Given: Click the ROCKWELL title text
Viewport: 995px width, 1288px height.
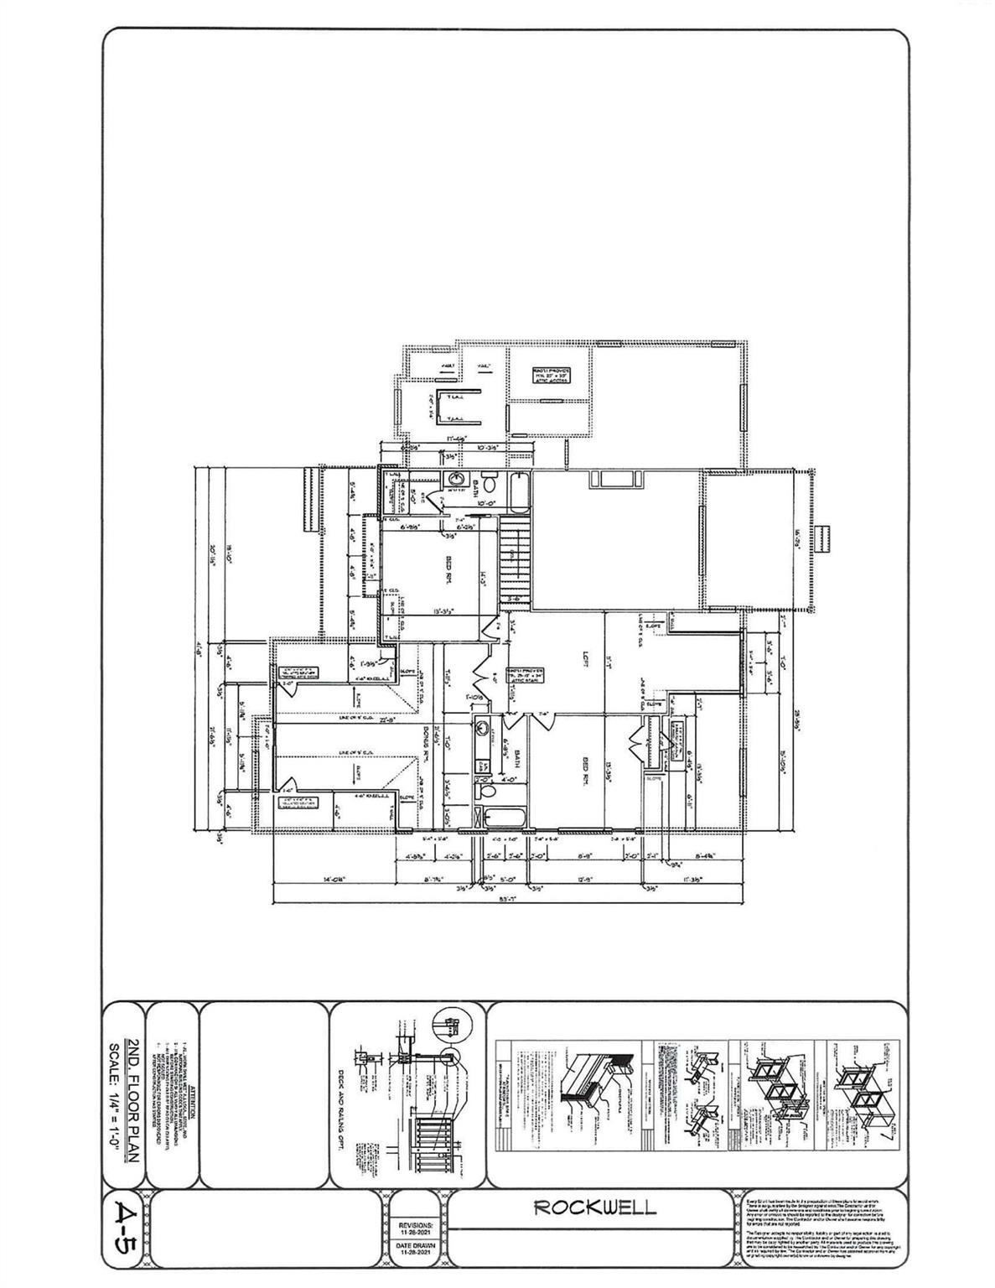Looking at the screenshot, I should [595, 1208].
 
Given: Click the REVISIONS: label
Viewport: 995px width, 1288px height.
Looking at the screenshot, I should [417, 1224].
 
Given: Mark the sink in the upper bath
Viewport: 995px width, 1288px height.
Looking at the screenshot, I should [455, 480].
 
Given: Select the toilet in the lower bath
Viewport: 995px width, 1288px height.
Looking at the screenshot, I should [484, 788].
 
